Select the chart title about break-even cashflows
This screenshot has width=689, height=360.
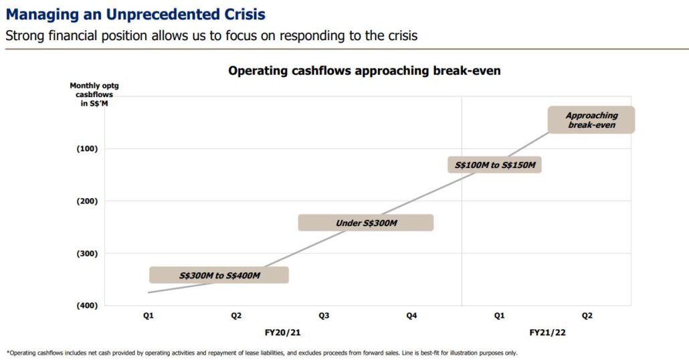(364, 70)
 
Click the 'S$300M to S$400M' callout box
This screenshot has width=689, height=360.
(219, 275)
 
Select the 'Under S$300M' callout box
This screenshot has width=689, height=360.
(365, 223)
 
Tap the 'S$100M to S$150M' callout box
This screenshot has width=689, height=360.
(494, 165)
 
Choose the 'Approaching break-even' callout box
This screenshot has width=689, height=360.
(591, 120)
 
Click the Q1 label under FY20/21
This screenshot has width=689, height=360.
(149, 316)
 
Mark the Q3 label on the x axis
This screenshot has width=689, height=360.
(324, 316)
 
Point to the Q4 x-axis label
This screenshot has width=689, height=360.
(411, 316)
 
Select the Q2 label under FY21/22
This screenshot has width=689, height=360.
(587, 316)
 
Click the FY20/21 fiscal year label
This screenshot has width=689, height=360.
(280, 332)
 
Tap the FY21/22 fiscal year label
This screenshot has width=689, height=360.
(543, 332)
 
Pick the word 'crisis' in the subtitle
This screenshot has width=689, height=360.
(400, 35)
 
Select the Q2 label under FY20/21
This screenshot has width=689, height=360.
(236, 316)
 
